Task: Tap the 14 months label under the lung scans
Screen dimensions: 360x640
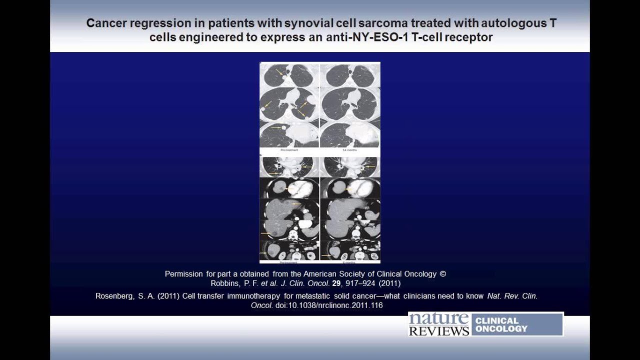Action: click(x=349, y=149)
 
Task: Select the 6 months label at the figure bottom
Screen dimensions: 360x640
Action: click(x=349, y=261)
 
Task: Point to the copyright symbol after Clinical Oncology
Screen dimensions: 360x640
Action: click(x=442, y=274)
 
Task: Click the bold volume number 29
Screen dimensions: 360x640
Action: click(x=336, y=283)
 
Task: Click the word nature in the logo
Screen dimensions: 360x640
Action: click(x=439, y=319)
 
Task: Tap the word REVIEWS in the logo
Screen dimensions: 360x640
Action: click(x=439, y=330)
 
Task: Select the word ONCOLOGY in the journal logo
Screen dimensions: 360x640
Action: click(x=501, y=328)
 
